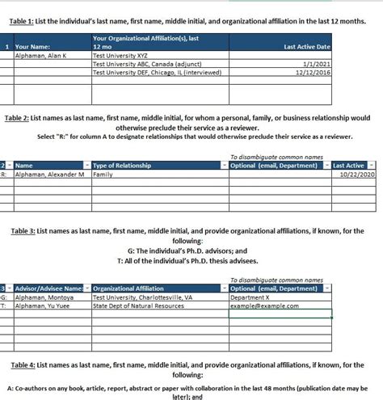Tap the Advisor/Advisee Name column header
pyautogui.click(x=48, y=288)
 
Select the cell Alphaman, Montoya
pyautogui.click(x=44, y=297)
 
